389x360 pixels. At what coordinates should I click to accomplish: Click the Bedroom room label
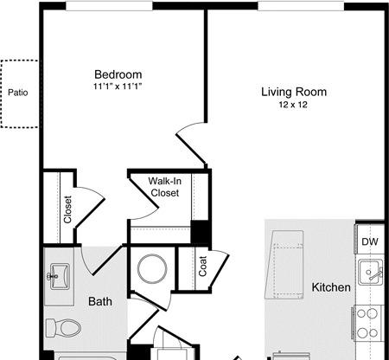pyautogui.click(x=118, y=74)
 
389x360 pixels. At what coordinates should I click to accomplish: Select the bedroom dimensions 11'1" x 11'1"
pyautogui.click(x=118, y=87)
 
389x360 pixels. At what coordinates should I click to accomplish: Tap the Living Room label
pyautogui.click(x=294, y=92)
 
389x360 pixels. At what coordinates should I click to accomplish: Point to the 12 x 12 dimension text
pyautogui.click(x=293, y=105)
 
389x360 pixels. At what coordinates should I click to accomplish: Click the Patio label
pyautogui.click(x=18, y=93)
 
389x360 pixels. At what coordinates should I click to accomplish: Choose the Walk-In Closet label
pyautogui.click(x=165, y=187)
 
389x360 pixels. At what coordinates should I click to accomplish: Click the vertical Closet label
pyautogui.click(x=67, y=209)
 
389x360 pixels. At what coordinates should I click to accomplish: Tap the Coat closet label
pyautogui.click(x=203, y=266)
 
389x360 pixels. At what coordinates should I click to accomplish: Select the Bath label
pyautogui.click(x=100, y=301)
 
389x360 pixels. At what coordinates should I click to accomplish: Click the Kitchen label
pyautogui.click(x=331, y=287)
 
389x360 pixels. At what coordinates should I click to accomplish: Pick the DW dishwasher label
pyautogui.click(x=370, y=241)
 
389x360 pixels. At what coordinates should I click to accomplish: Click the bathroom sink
pyautogui.click(x=60, y=276)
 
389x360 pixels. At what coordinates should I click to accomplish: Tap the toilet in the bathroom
pyautogui.click(x=63, y=328)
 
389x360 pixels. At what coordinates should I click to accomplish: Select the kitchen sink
pyautogui.click(x=370, y=272)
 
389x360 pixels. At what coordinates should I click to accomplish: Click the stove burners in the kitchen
pyautogui.click(x=367, y=323)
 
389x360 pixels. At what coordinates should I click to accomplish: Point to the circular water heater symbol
pyautogui.click(x=152, y=269)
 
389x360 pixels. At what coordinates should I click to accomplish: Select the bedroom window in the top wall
pyautogui.click(x=109, y=6)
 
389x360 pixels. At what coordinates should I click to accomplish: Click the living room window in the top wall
pyautogui.click(x=301, y=6)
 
